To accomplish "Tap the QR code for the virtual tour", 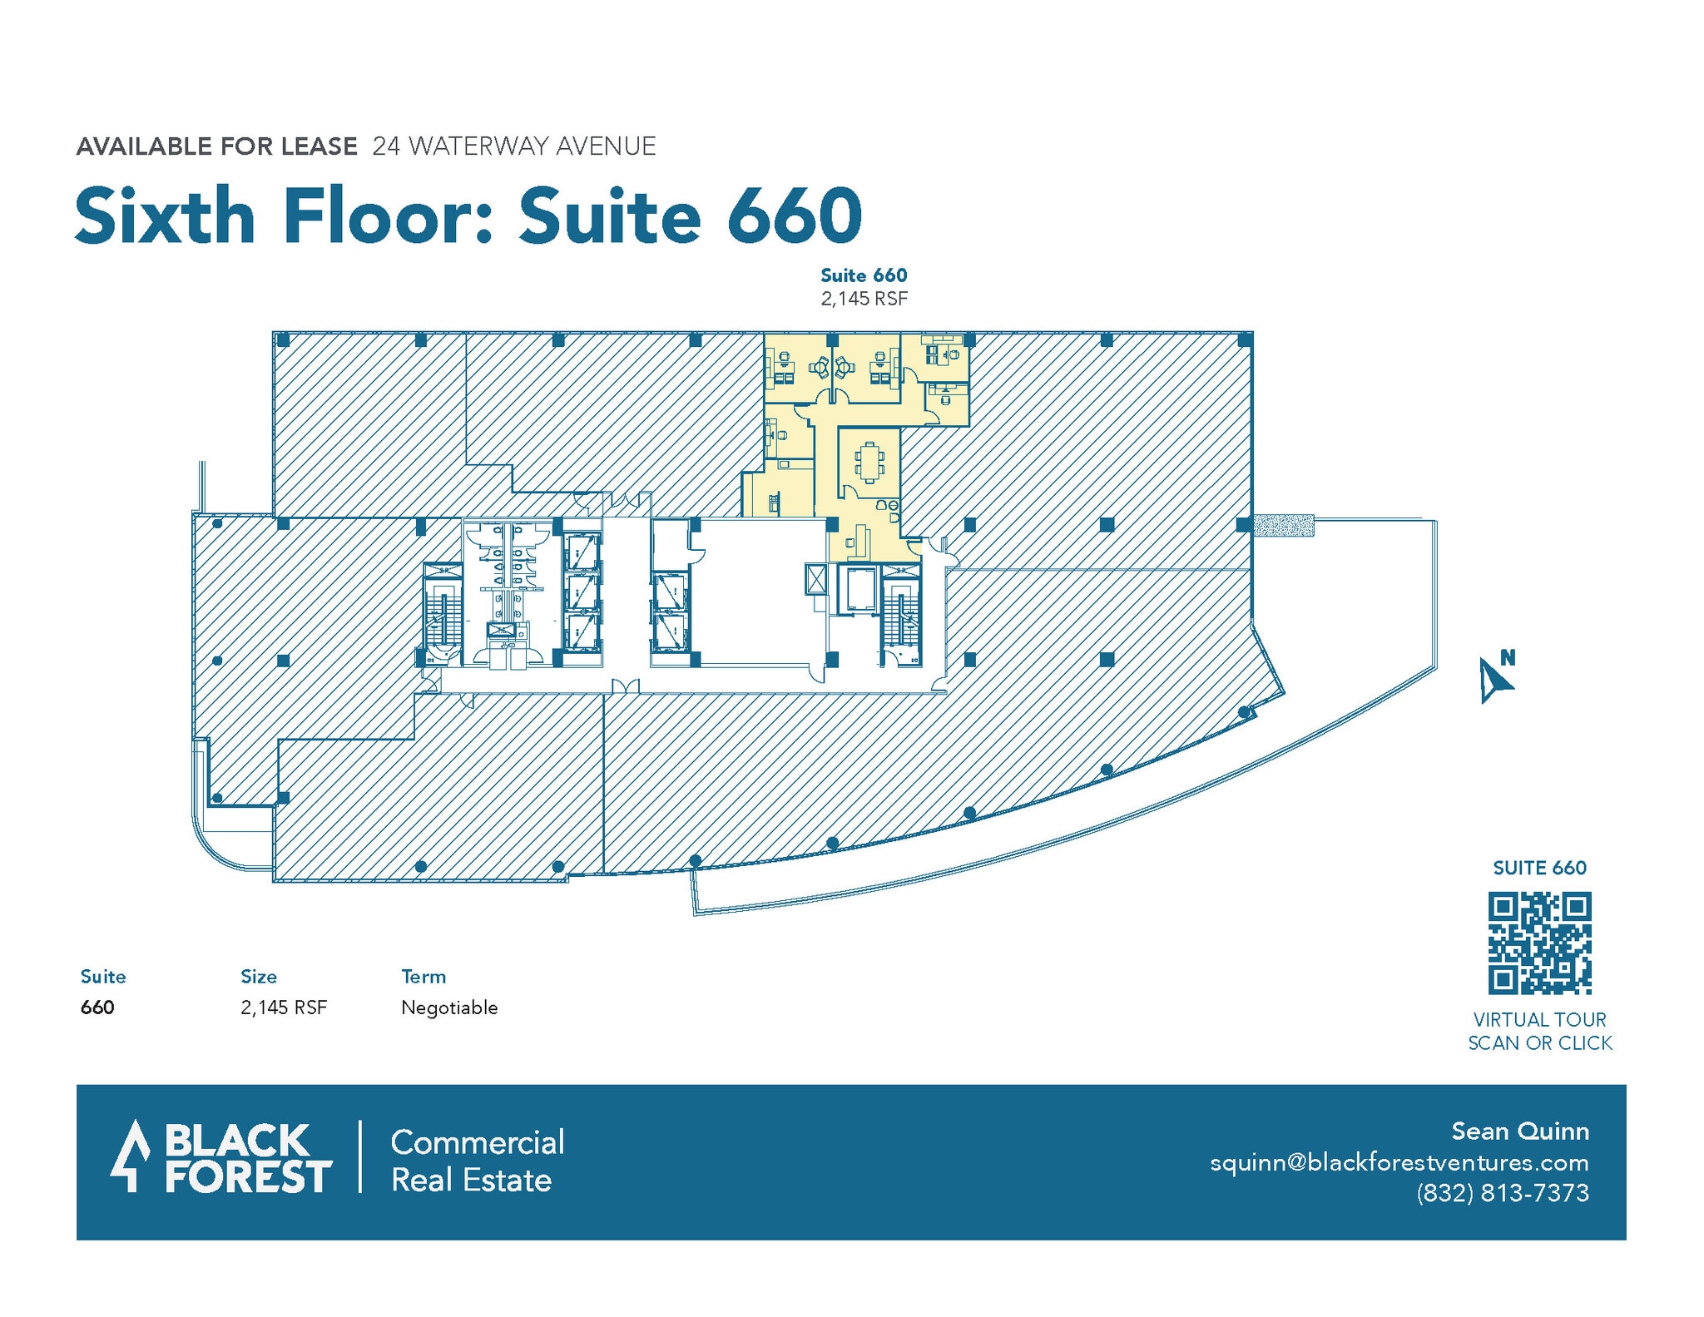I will point(1539,943).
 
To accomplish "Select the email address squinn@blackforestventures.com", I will point(1399,1162).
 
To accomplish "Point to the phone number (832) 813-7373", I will point(1502,1193).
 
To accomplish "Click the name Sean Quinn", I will point(1519,1131).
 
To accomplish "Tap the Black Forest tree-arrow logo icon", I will point(130,1156).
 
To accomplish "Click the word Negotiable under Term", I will point(449,1008).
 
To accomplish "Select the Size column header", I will point(259,977).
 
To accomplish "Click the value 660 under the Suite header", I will point(97,1008).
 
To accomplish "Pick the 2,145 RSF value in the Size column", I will point(284,1008).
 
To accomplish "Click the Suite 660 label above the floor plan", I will point(864,275).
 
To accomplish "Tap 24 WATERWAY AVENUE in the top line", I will point(514,146).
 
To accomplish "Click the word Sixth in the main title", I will point(165,216).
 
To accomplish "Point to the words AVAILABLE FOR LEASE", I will point(216,146).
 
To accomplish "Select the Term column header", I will point(424,977).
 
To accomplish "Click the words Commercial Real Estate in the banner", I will point(477,1161).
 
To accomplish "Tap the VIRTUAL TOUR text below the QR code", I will point(1539,1019).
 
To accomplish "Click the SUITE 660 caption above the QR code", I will point(1539,868).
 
